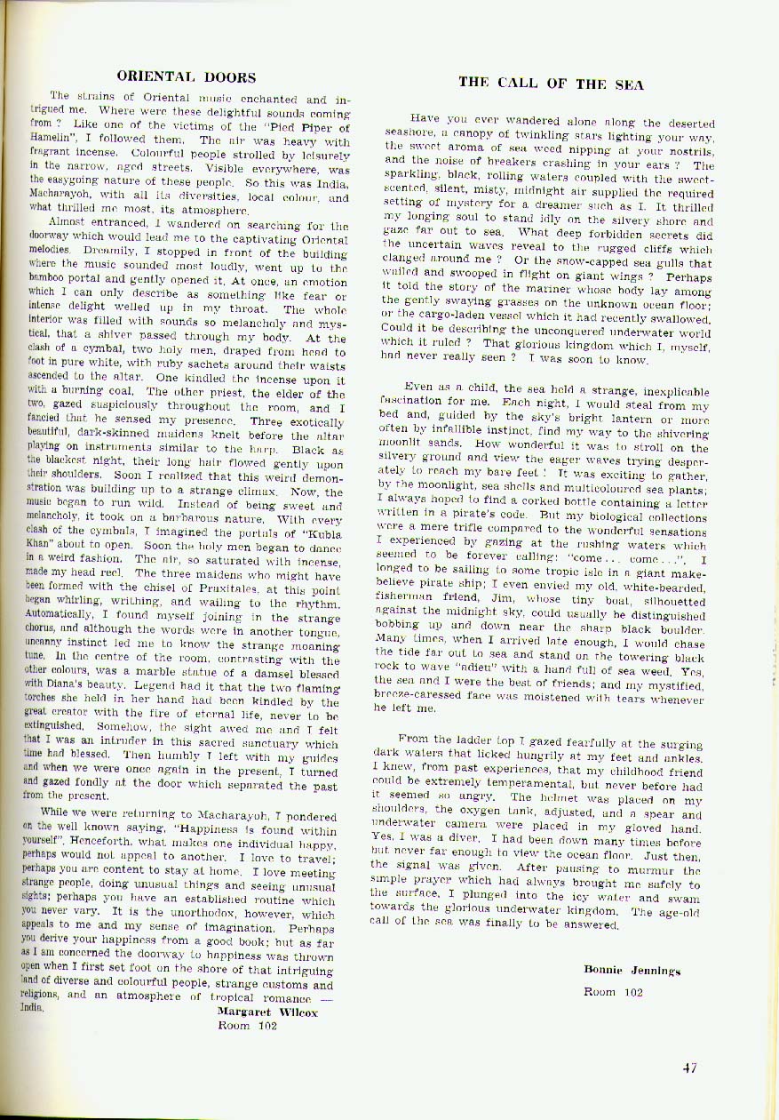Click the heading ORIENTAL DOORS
(x=187, y=77)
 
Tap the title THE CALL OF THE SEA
(x=551, y=84)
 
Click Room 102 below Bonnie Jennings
(x=613, y=992)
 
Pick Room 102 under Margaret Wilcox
(x=248, y=1024)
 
